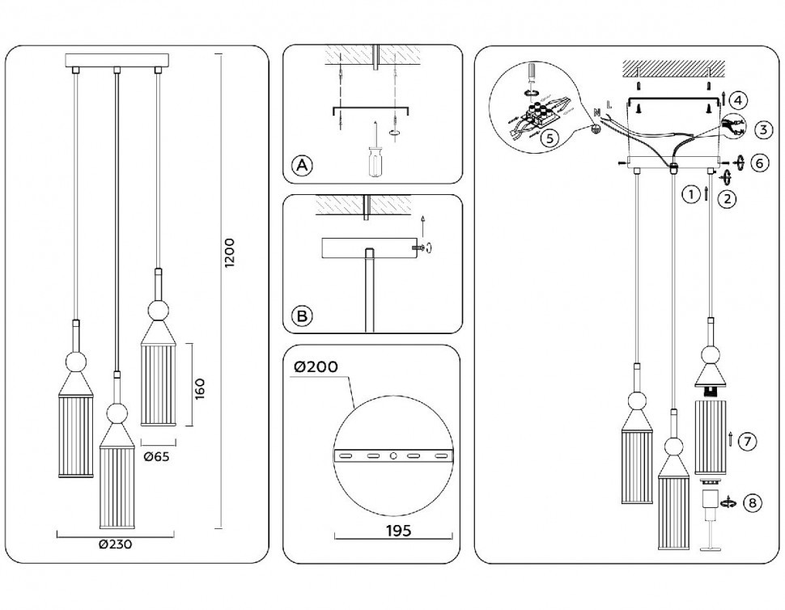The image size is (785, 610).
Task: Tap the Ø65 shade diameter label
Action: pos(157,457)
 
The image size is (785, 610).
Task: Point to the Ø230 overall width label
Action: pos(115,544)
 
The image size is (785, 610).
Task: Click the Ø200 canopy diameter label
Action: pos(316,366)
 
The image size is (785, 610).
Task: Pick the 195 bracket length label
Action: pos(394,531)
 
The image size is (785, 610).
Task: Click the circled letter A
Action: pos(301,167)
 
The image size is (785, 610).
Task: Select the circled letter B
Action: pos(301,316)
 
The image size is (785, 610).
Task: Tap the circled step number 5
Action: pos(549,138)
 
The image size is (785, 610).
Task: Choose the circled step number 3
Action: pos(762,129)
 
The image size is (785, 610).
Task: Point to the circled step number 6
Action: pos(758,163)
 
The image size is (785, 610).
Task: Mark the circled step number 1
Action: pos(690,194)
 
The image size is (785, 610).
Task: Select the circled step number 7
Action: pos(749,441)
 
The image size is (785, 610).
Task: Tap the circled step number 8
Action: pos(753,503)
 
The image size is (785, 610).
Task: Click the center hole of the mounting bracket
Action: pos(394,457)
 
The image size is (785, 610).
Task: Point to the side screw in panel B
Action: pos(420,248)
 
